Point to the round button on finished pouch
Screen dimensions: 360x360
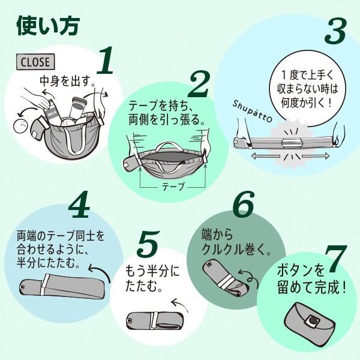point(313,322)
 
